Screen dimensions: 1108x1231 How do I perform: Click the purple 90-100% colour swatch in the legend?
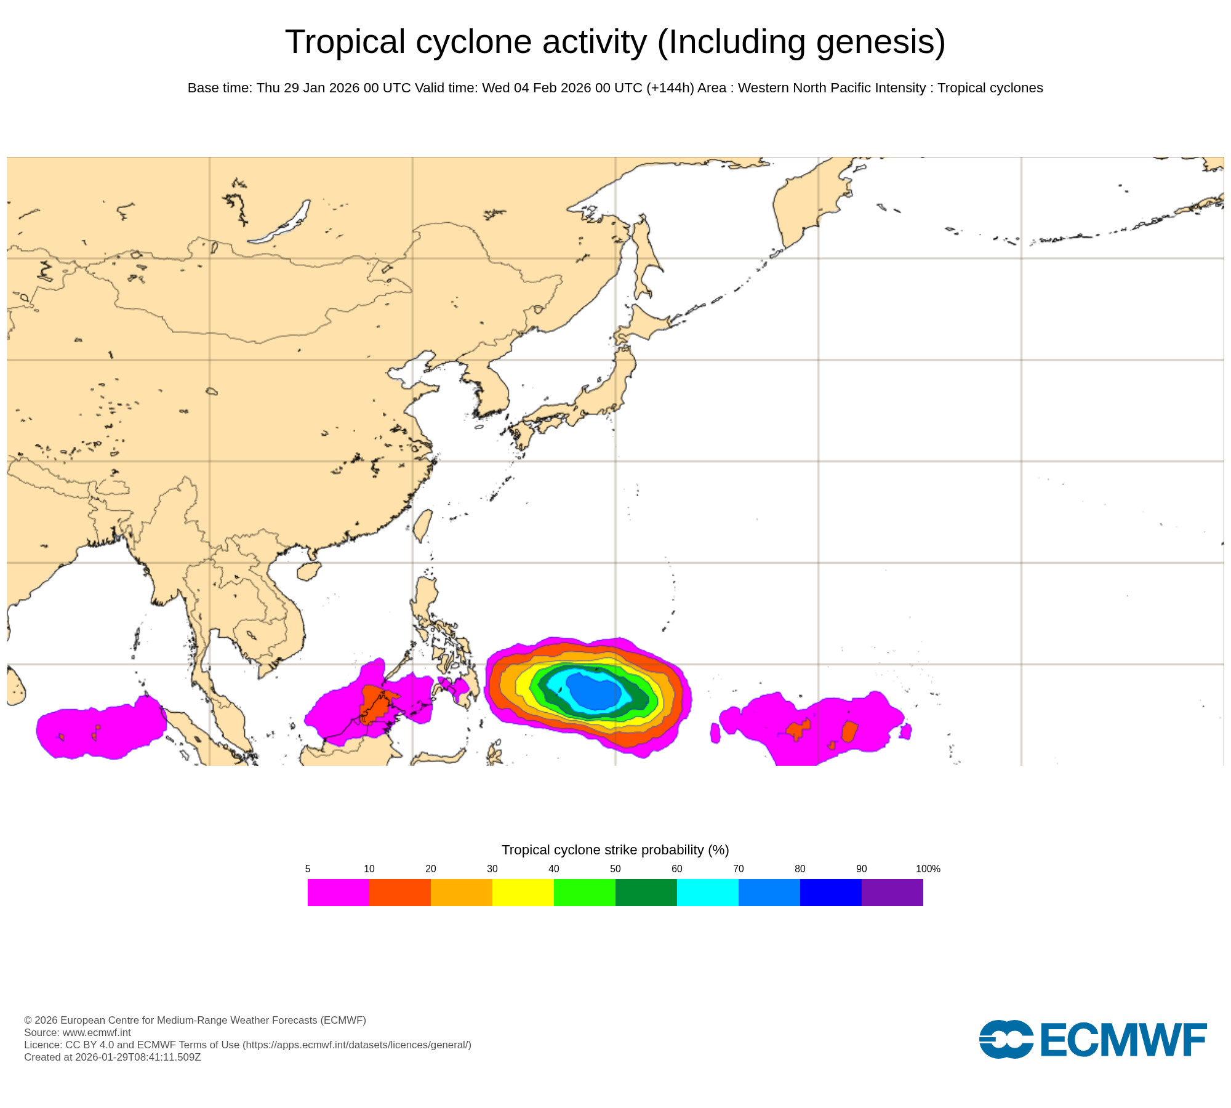(x=892, y=892)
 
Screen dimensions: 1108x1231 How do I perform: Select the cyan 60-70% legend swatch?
(x=707, y=892)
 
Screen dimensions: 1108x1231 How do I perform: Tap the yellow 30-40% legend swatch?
(x=523, y=892)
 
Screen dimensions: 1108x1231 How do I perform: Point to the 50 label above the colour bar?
(x=615, y=869)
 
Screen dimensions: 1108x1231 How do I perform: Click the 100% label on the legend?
(x=928, y=869)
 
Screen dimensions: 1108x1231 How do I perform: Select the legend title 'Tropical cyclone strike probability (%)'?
(x=615, y=849)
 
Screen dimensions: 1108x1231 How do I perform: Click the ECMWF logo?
(x=1093, y=1039)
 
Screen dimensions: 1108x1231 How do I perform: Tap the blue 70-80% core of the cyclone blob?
(x=594, y=691)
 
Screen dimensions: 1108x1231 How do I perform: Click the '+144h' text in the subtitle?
(x=670, y=88)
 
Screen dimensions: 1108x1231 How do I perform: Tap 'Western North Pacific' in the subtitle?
(x=803, y=88)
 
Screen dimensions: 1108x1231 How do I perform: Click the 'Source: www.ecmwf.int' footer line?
(x=78, y=1032)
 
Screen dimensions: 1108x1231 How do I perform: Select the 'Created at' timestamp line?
(x=112, y=1057)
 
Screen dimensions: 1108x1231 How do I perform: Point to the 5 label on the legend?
(x=308, y=869)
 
